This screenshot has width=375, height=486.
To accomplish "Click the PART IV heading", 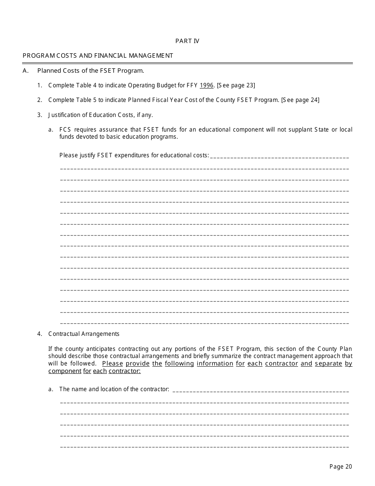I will (187, 41).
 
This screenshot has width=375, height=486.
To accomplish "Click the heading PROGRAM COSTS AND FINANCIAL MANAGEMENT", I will (98, 56).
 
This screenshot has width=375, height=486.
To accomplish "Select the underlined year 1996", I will (206, 85).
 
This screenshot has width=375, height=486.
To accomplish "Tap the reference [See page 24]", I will (300, 100).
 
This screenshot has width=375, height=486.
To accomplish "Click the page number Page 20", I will (340, 467).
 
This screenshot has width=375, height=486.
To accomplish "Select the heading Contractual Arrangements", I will (84, 334).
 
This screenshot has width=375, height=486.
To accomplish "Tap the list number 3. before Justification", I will (39, 115).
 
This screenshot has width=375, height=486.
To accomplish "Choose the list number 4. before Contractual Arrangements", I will (39, 334).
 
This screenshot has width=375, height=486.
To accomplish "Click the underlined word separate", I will (328, 364).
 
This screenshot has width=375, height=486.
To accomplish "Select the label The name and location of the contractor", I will (114, 389).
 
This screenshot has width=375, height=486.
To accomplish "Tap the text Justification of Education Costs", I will (100, 115).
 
